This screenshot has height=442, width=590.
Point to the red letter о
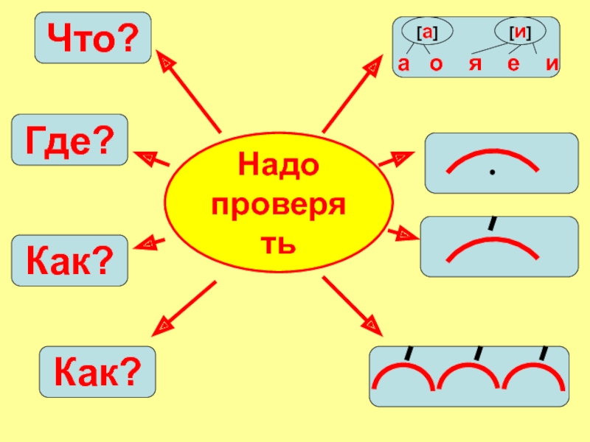click(x=436, y=65)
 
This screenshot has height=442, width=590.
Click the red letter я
click(x=476, y=65)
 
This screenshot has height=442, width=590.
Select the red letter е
click(x=514, y=65)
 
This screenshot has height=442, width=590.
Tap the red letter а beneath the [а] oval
click(x=403, y=65)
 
